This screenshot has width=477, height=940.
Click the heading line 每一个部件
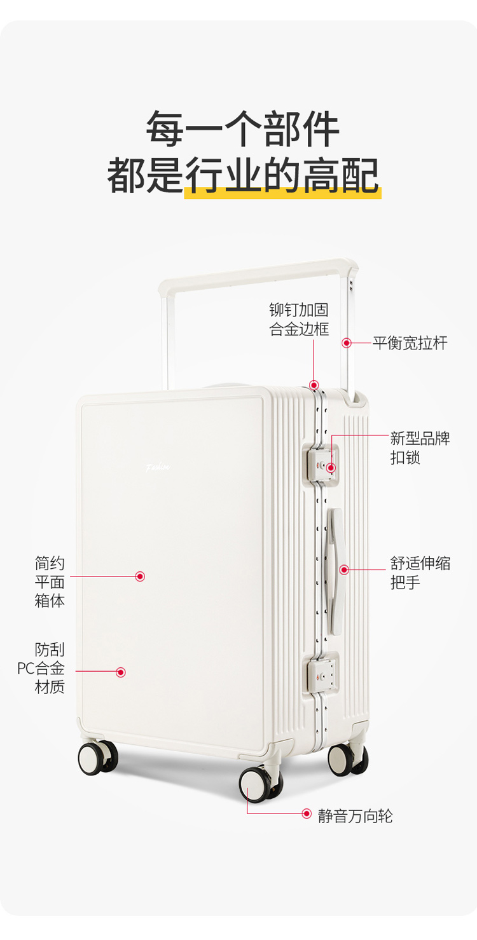pyautogui.click(x=242, y=129)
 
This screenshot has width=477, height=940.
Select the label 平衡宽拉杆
pyautogui.click(x=410, y=343)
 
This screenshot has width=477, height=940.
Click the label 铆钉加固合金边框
pyautogui.click(x=299, y=320)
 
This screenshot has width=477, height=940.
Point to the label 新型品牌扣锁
pyautogui.click(x=420, y=448)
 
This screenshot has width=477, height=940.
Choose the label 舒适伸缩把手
pyautogui.click(x=420, y=573)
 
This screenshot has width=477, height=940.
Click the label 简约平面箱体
pyautogui.click(x=50, y=582)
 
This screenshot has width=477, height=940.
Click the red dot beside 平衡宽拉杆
pyautogui.click(x=347, y=343)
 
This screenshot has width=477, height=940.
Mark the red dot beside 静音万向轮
pyautogui.click(x=307, y=814)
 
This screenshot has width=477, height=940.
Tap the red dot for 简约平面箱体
pyautogui.click(x=140, y=576)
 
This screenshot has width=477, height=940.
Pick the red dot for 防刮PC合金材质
pyautogui.click(x=121, y=672)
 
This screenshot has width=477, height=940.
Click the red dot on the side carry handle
pyautogui.click(x=344, y=569)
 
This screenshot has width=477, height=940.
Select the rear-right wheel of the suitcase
pyautogui.click(x=347, y=759)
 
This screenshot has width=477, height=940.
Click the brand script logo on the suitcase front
pyautogui.click(x=158, y=467)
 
